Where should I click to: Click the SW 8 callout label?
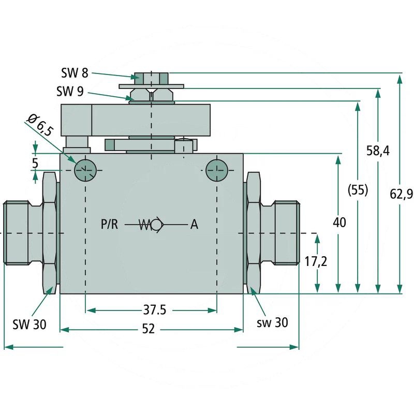[x=74, y=72]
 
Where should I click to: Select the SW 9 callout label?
[x=69, y=92]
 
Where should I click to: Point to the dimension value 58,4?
[x=379, y=151]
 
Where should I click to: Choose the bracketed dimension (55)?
[x=357, y=190]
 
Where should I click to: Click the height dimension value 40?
[x=338, y=223]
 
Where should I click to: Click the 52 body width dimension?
[x=149, y=329]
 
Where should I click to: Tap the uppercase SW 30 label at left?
[x=29, y=324]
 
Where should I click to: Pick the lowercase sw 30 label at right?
[x=272, y=322]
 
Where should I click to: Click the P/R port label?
[x=110, y=225]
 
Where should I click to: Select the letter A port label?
[x=194, y=225]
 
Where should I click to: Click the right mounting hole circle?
[x=216, y=170]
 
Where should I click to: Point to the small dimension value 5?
[x=35, y=162]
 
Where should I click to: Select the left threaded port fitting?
[x=21, y=233]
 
